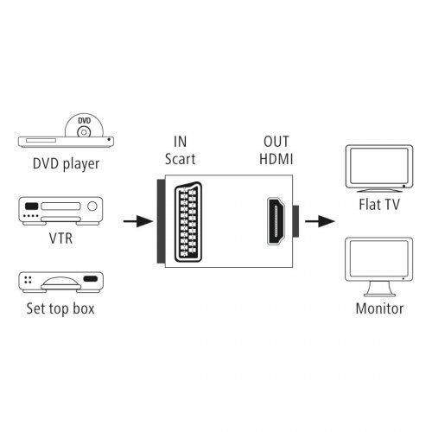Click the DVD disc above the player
pyautogui.click(x=84, y=125)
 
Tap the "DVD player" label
pyautogui.click(x=66, y=164)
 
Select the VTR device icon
pyautogui.click(x=60, y=211)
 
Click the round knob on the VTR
pyautogui.click(x=92, y=206)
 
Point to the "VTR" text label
pyautogui.click(x=60, y=238)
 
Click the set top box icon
pyautogui.click(x=60, y=283)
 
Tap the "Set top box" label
pyautogui.click(x=60, y=308)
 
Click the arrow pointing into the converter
pyautogui.click(x=138, y=221)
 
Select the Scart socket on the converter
pyautogui.click(x=188, y=222)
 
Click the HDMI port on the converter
pyautogui.click(x=276, y=221)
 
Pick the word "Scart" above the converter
pyautogui.click(x=181, y=159)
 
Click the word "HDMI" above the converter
pyautogui.click(x=276, y=159)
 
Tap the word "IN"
pyautogui.click(x=181, y=142)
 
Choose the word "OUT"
pyautogui.click(x=276, y=142)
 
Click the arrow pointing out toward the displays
pyautogui.click(x=320, y=221)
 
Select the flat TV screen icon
pyautogui.click(x=379, y=168)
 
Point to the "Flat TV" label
pyautogui.click(x=379, y=205)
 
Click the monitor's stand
pyautogui.click(x=379, y=289)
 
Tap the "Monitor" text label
pyautogui.click(x=379, y=308)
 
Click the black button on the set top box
pyautogui.click(x=91, y=279)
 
